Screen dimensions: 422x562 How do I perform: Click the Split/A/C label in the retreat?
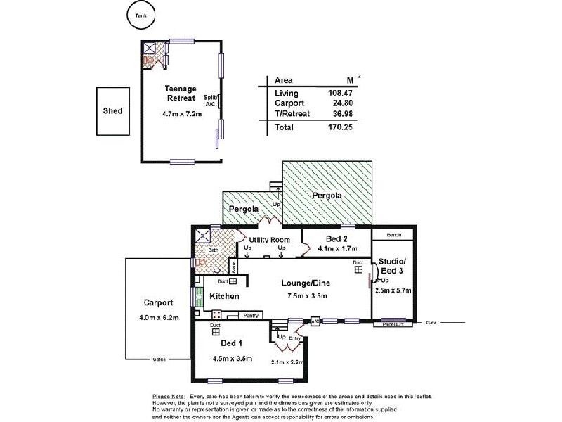tap(210, 101)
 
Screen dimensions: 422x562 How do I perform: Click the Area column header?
tap(283, 80)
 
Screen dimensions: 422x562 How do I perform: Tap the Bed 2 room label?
tap(336, 237)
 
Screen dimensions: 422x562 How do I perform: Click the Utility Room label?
tap(270, 240)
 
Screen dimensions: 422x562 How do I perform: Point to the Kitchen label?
tap(225, 297)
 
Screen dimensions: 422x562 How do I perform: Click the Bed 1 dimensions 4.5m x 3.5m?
tap(232, 358)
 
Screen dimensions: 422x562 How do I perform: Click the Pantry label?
tap(251, 316)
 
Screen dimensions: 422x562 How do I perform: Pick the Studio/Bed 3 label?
tap(393, 266)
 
